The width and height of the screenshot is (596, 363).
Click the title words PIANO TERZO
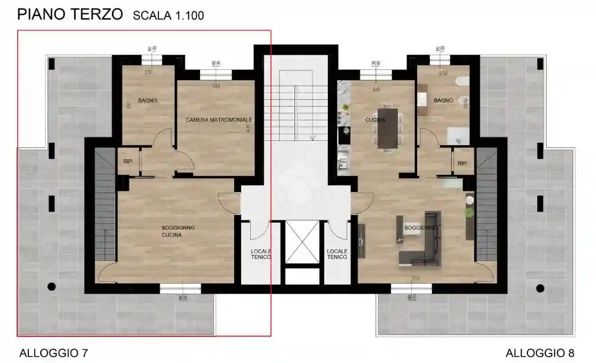[x=70, y=14]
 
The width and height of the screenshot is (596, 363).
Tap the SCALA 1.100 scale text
[x=168, y=16]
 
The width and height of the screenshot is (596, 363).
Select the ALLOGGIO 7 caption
[x=53, y=353]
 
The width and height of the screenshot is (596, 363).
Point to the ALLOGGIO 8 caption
[x=540, y=353]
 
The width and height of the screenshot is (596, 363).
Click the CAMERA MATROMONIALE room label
[x=219, y=120]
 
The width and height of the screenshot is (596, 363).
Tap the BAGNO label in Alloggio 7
[x=148, y=101]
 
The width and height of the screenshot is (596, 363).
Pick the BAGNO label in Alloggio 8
[x=443, y=101]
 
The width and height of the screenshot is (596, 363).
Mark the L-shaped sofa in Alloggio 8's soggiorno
[x=422, y=241]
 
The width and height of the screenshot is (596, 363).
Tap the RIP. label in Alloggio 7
[x=128, y=162]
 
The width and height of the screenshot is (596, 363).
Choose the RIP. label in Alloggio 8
[x=462, y=164]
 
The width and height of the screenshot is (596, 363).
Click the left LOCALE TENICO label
[x=261, y=254]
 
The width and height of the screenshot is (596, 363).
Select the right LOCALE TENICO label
[x=337, y=254]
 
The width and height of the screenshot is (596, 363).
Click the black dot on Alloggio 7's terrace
[x=52, y=286]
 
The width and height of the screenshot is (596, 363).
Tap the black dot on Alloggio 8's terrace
[x=540, y=288]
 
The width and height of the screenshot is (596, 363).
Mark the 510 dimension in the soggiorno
[x=416, y=278]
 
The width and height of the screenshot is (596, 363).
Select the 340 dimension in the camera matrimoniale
[x=216, y=86]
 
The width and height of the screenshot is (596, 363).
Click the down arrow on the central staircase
[x=312, y=138]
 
